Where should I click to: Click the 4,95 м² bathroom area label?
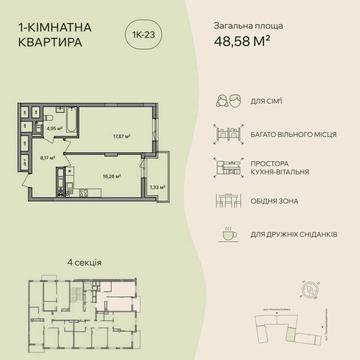pyautogui.click(x=55, y=127)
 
